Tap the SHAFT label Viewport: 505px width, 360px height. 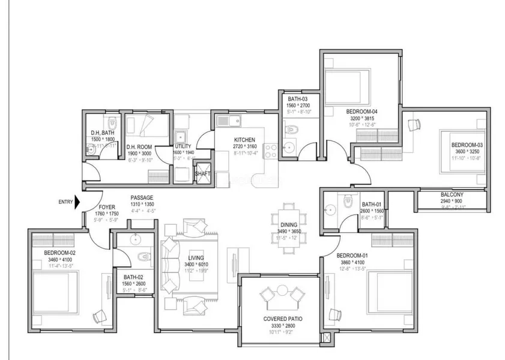pyautogui.click(x=202, y=174)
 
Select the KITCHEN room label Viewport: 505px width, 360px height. pyautogui.click(x=244, y=139)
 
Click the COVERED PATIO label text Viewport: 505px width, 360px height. pyautogui.click(x=277, y=319)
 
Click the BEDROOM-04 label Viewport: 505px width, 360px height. pyautogui.click(x=362, y=112)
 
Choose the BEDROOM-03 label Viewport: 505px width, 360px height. pyautogui.click(x=467, y=145)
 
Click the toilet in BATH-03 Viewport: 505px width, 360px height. pyautogui.click(x=289, y=129)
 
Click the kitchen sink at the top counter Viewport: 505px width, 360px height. pyautogui.click(x=229, y=121)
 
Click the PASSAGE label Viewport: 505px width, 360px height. pyautogui.click(x=142, y=197)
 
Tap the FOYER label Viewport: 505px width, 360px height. pyautogui.click(x=106, y=207)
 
